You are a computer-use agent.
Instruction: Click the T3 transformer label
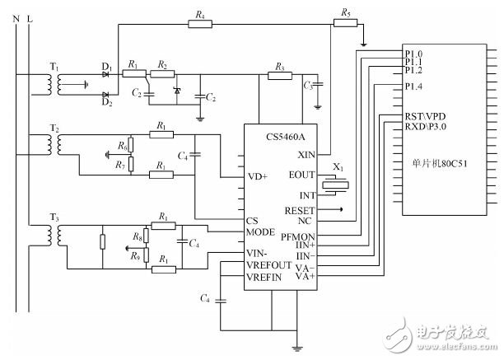pos(55,217)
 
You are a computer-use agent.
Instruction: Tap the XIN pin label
pos(307,154)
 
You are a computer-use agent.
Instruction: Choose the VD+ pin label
pos(258,175)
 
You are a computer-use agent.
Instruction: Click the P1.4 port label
pos(413,86)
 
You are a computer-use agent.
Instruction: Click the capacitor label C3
pos(309,85)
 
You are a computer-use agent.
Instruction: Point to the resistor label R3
pos(281,66)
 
